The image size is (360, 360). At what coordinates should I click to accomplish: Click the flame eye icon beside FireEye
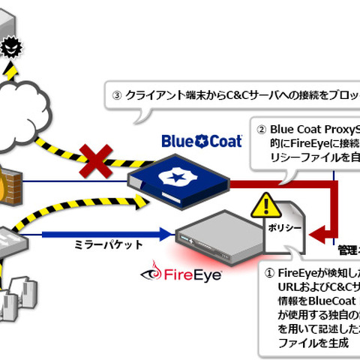click(x=155, y=271)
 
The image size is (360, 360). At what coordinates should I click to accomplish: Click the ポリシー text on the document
click(x=276, y=227)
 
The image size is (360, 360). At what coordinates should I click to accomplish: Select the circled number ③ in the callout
click(x=116, y=96)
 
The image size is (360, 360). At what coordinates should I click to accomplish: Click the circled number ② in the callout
click(x=262, y=128)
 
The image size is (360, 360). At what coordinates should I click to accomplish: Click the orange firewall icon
click(x=9, y=181)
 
